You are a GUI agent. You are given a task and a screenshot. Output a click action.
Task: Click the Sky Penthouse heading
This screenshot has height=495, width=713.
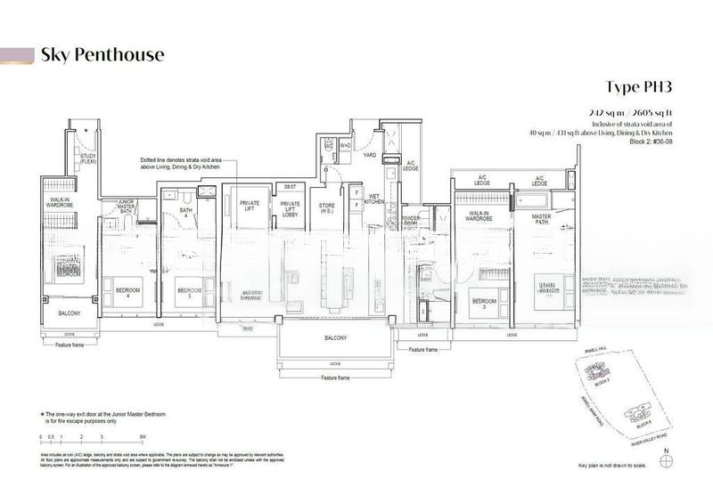102,55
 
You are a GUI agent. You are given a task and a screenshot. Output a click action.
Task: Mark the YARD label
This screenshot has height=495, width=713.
369,155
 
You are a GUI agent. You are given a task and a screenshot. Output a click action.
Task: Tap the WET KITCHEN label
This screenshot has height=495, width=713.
374,201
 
